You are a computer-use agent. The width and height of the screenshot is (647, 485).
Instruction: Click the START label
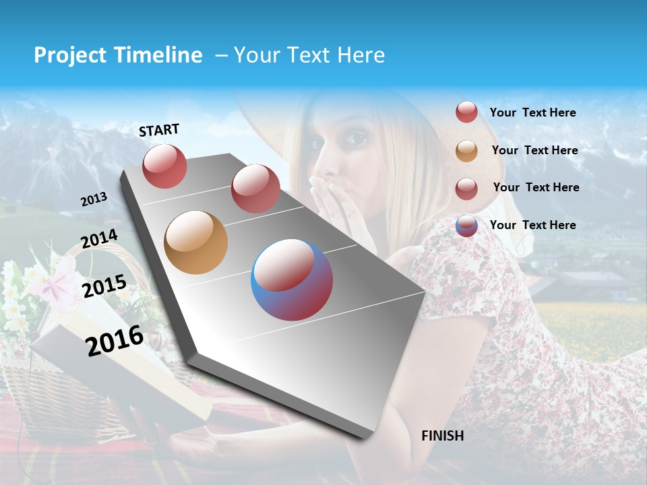pyautogui.click(x=159, y=130)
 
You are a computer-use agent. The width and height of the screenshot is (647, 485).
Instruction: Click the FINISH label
pyautogui.click(x=442, y=436)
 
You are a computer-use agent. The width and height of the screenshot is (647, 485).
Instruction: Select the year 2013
pyautogui.click(x=94, y=199)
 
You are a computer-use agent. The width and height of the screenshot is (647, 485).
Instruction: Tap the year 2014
pyautogui.click(x=99, y=239)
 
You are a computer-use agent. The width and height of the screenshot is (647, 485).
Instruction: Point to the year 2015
pyautogui.click(x=104, y=286)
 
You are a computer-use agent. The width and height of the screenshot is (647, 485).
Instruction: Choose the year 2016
pyautogui.click(x=115, y=341)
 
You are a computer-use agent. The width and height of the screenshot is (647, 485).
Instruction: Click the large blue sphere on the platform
pyautogui.click(x=292, y=280)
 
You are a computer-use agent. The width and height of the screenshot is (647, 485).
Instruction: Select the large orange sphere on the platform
pyautogui.click(x=195, y=243)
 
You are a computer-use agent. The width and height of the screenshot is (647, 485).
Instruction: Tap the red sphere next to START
pyautogui.click(x=165, y=166)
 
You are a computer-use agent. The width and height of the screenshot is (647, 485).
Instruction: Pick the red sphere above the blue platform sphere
pyautogui.click(x=255, y=188)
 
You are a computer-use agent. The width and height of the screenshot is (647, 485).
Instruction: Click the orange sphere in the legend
pyautogui.click(x=466, y=151)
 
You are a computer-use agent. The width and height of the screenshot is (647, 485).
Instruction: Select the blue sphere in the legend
pyautogui.click(x=466, y=226)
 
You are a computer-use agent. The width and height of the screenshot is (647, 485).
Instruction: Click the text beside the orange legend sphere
pyautogui.click(x=534, y=150)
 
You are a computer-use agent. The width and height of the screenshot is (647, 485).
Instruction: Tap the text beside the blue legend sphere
pyautogui.click(x=532, y=225)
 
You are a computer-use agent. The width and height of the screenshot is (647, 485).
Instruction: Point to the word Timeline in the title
pyautogui.click(x=158, y=55)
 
